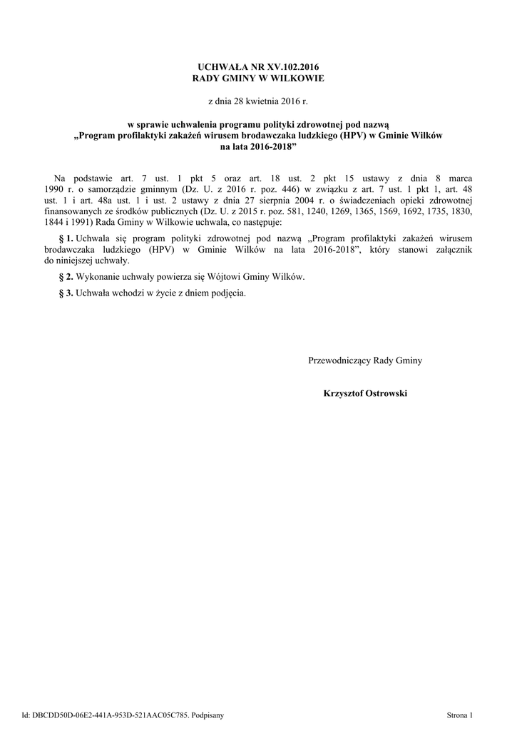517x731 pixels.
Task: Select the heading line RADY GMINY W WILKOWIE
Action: tap(258, 77)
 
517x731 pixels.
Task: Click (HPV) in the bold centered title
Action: tap(353, 136)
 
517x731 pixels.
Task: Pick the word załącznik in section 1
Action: tap(453, 249)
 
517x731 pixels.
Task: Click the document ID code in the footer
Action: tap(103, 714)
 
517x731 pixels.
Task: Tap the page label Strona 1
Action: tap(460, 714)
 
